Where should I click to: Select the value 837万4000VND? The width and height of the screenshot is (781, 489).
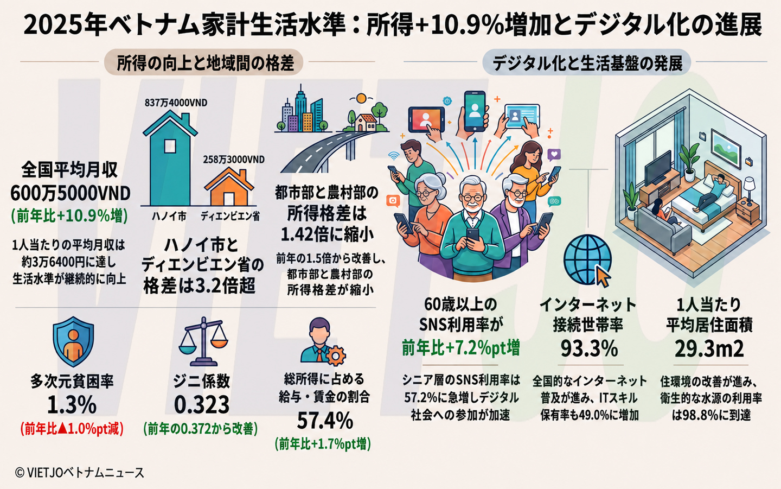coord(176,103)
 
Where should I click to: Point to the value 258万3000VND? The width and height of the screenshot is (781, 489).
coord(234,160)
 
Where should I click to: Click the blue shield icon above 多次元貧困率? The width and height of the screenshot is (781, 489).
coord(73,341)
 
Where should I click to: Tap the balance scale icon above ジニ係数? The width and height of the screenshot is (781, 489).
coord(203,341)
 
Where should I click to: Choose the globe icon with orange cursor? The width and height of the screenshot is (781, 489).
coord(588,260)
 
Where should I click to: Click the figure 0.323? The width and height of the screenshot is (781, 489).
coord(202,404)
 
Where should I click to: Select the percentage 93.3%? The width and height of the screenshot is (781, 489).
coord(589,348)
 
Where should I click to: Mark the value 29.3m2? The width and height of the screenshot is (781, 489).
coord(709,348)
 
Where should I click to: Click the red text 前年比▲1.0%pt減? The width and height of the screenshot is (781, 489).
coord(72,429)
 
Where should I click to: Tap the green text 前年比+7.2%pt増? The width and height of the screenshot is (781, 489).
coord(460,348)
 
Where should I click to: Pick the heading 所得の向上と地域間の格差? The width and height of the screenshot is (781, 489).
coord(205,63)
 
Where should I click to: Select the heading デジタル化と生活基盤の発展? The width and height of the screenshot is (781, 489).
coord(587,63)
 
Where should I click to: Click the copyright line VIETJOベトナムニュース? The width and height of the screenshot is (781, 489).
coord(80,473)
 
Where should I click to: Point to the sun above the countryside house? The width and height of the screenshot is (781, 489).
coord(361,98)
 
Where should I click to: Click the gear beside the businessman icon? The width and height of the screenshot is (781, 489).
coord(336,355)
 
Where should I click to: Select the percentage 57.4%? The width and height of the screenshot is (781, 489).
coord(325,421)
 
